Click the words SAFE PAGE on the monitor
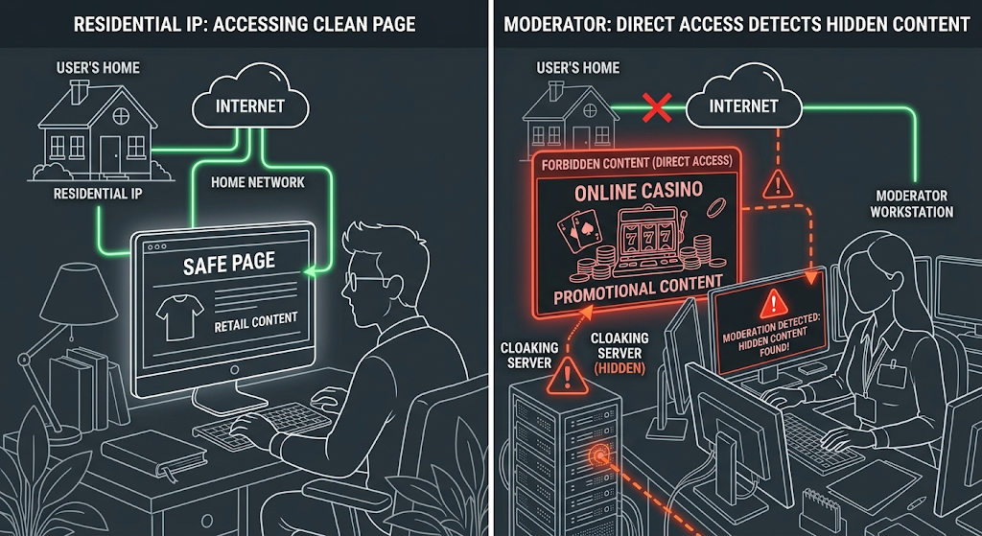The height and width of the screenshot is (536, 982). (228, 263)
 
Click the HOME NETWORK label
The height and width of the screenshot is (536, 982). (257, 182)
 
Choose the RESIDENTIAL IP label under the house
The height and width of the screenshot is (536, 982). (98, 194)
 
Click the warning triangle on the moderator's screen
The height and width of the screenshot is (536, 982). (774, 304)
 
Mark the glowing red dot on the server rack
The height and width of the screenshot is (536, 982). (598, 453)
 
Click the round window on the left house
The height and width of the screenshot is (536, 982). (120, 115)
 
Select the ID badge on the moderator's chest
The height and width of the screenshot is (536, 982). (888, 375)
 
